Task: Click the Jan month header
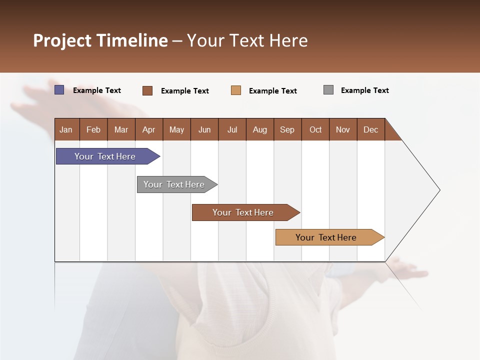coord(66,129)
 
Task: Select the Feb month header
coord(93,129)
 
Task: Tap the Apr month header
coord(148,129)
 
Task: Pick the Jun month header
coord(204,129)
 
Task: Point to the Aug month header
coord(260,129)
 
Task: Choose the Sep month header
coord(287,129)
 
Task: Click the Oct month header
coord(315,129)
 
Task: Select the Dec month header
coord(371,129)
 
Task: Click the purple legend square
coord(59,90)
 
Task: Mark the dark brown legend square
coord(147,90)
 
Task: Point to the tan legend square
coord(236,90)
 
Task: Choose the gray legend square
coord(328,90)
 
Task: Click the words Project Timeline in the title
coord(100,40)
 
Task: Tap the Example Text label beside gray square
coord(365,90)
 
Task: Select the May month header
coord(176,129)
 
